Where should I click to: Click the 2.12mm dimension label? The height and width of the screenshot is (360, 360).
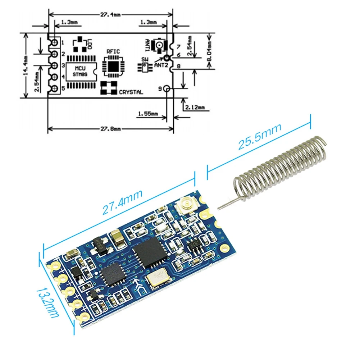pyautogui.click(x=194, y=107)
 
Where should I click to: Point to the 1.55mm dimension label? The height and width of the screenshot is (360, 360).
pyautogui.click(x=147, y=114)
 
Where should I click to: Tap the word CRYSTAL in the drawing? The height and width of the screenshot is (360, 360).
pyautogui.click(x=131, y=92)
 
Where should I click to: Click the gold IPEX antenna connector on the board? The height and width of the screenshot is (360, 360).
pyautogui.click(x=184, y=206)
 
